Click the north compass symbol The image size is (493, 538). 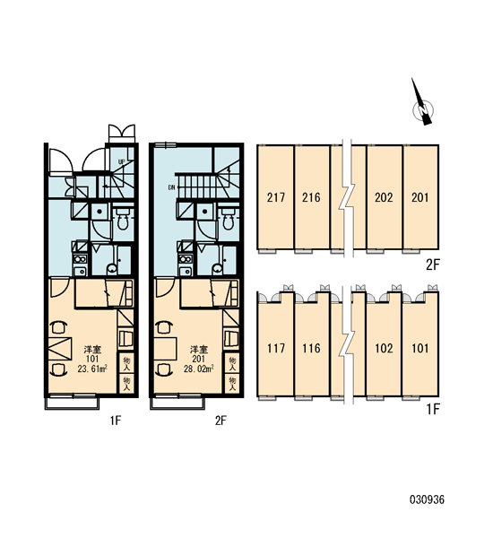[x=422, y=105]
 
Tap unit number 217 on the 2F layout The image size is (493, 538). [x=276, y=197]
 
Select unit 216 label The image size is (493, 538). [x=311, y=197]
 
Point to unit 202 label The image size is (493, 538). [x=384, y=197]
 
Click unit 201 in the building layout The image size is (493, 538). [x=419, y=197]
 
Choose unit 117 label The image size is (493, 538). [x=276, y=348]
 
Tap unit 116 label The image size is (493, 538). [x=311, y=348]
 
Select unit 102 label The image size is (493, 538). [x=384, y=348]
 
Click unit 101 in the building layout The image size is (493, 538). [x=419, y=348]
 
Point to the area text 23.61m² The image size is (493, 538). [x=92, y=369]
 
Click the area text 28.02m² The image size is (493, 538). [x=199, y=369]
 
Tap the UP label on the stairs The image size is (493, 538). [x=121, y=161]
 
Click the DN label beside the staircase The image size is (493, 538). [x=171, y=187]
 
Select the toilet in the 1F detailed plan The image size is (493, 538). [x=123, y=221]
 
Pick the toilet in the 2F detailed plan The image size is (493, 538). [x=229, y=221]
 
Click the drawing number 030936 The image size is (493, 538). [x=427, y=499]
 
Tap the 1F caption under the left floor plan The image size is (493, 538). [x=116, y=420]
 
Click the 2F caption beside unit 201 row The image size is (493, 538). [x=433, y=265]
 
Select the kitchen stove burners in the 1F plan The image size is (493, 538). [x=80, y=259]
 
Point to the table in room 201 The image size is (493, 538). [x=166, y=348]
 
